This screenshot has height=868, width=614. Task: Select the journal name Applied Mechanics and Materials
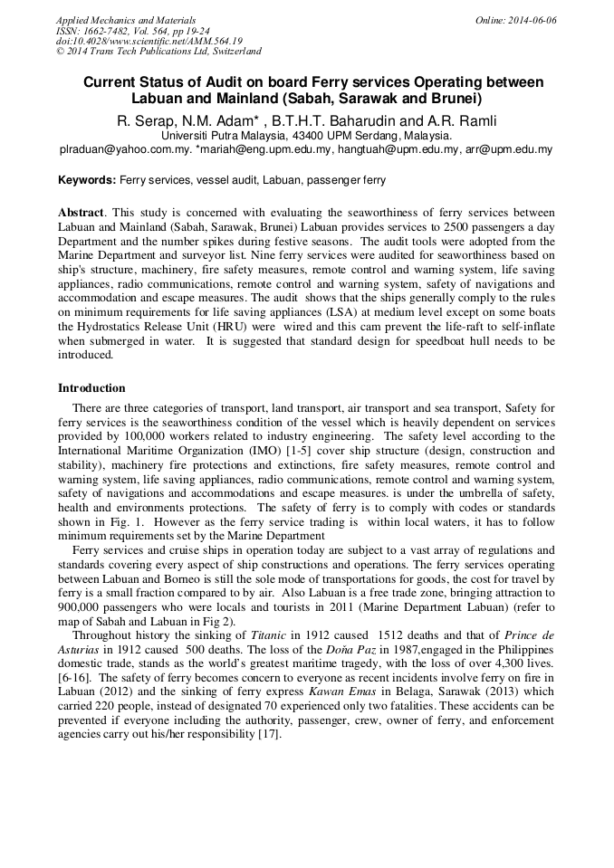[126, 20]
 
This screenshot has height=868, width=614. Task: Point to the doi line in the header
[149, 41]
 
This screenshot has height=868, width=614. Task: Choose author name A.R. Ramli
[459, 121]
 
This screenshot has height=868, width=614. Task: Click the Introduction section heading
[91, 388]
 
